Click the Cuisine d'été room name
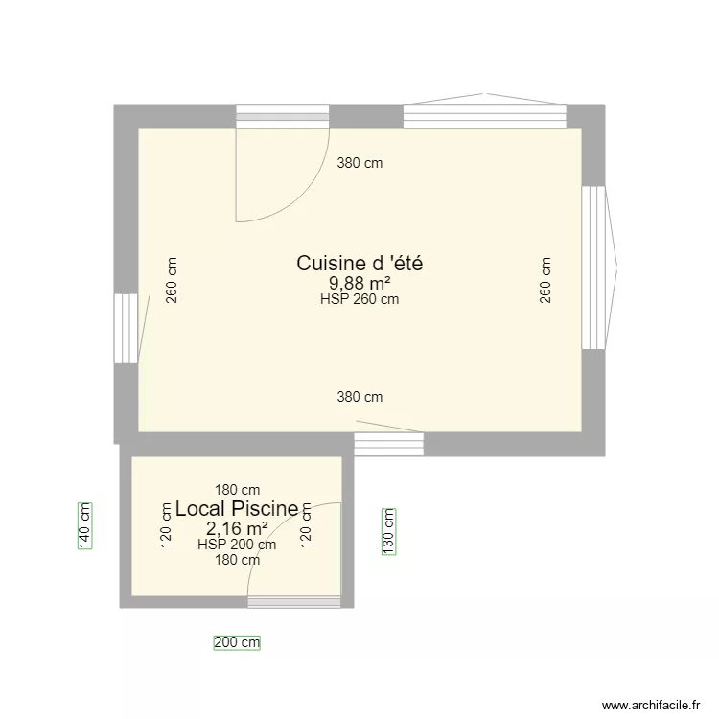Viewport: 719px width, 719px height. (359, 263)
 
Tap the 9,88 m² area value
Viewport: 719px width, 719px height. (359, 283)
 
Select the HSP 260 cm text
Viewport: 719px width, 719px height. (359, 299)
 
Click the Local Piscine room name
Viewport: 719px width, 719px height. (237, 509)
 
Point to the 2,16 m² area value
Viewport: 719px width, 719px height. (237, 528)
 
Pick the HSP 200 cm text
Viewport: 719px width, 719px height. (237, 545)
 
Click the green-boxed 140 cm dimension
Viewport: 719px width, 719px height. (84, 526)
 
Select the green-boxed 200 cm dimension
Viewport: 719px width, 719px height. (237, 643)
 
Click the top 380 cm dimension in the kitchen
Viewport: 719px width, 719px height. (359, 163)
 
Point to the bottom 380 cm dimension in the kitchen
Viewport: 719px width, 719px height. (359, 396)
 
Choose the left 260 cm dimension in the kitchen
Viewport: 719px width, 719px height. (173, 280)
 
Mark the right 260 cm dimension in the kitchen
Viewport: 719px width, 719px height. (545, 280)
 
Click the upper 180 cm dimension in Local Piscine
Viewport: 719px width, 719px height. (237, 491)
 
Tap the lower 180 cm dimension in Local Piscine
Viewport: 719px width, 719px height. (237, 561)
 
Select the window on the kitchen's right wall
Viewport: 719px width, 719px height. (594, 267)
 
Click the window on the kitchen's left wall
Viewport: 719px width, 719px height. (126, 328)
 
